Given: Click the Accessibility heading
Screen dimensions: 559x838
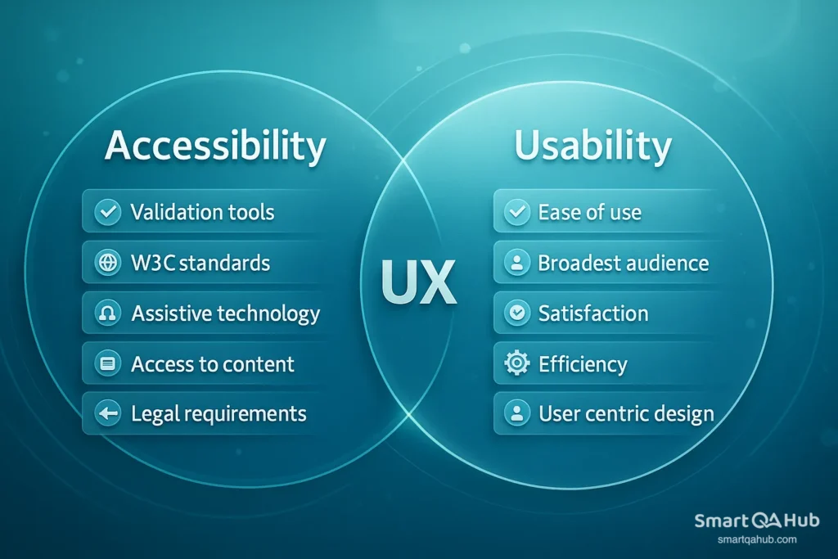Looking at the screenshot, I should click(x=215, y=147).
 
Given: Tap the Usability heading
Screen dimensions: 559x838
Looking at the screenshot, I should click(x=592, y=147).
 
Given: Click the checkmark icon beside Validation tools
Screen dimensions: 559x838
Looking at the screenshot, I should click(x=107, y=213).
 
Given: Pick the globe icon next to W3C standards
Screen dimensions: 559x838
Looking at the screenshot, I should click(x=107, y=264).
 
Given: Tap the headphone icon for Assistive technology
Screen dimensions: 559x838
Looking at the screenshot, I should click(x=107, y=314).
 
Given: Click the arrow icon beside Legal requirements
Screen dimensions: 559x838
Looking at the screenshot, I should click(x=107, y=414).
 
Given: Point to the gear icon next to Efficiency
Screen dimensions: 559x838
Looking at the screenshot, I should click(x=517, y=364).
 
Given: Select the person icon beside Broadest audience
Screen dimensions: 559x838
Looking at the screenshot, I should click(x=517, y=264).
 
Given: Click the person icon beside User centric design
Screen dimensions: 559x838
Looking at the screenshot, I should click(x=517, y=414).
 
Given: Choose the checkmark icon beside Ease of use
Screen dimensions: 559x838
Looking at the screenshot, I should click(x=517, y=213).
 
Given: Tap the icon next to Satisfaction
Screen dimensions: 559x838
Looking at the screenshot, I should click(x=517, y=314).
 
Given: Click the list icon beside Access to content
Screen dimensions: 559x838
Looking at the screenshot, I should click(x=107, y=364).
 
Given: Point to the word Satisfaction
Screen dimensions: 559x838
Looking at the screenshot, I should click(x=593, y=314).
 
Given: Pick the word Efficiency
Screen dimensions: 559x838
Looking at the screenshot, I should click(x=583, y=364).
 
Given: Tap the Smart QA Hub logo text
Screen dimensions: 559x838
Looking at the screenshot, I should click(x=756, y=521).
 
